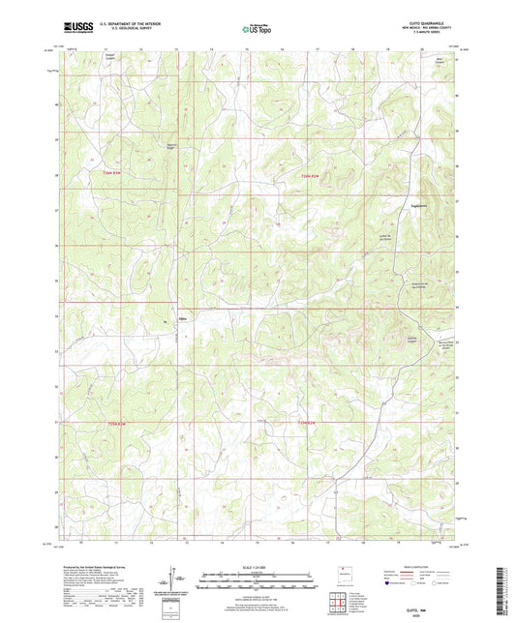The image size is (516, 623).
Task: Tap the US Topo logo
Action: (257, 29)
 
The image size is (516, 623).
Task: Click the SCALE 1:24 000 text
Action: (258, 566)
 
